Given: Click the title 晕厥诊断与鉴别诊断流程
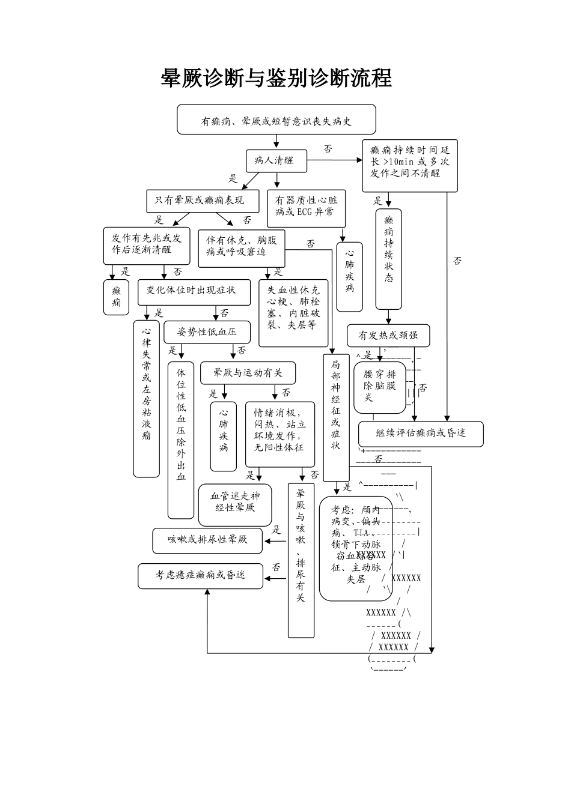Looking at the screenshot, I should [x=276, y=78].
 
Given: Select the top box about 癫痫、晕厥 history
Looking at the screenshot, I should [x=276, y=120].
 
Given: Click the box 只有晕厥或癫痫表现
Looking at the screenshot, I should [x=203, y=201].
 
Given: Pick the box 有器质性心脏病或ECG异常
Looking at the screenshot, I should [x=307, y=207].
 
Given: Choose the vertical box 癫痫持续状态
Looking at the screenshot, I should [x=389, y=258].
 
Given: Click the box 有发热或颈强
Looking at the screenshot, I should [x=388, y=336].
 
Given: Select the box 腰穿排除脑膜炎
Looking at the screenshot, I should [x=379, y=387].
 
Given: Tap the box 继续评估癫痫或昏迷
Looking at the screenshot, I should [x=421, y=433].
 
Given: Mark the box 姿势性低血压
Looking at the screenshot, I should [x=207, y=331].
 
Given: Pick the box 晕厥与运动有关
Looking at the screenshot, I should [x=248, y=373].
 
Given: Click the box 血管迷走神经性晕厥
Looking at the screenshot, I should [x=235, y=503].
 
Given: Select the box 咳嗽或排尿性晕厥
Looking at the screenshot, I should [x=207, y=540].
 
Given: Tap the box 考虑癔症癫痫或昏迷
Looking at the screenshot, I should [x=200, y=575].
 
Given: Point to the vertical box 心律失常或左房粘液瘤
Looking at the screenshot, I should [x=147, y=398].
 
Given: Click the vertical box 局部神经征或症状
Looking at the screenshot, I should [x=336, y=417].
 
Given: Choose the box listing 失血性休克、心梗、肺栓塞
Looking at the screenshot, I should [x=293, y=313].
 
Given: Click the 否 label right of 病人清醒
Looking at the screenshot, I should [x=328, y=149].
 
